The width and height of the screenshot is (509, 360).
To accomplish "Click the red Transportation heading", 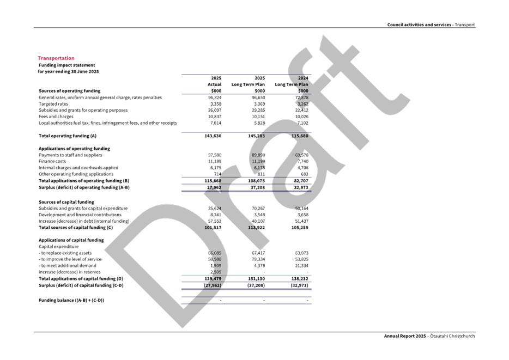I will pos(56,58).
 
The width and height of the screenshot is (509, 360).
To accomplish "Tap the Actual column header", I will pos(214,84).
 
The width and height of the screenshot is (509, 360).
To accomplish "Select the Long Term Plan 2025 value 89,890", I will pos(257,155).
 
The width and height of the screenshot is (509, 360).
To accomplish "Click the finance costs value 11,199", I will pos(258,162).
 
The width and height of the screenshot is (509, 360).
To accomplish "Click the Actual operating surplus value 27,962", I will pos(214,187).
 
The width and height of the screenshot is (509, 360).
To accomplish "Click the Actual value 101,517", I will pos(213,227).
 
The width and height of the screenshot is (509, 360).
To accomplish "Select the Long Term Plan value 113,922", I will pos(256,227).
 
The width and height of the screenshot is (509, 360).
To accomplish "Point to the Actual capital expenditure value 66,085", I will pos(214,253).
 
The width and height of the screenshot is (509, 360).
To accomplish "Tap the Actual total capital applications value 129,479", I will pos(213,279).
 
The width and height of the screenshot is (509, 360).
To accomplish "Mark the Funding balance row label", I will pos(71,300).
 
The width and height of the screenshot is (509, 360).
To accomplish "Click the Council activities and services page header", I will pos(431,25).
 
